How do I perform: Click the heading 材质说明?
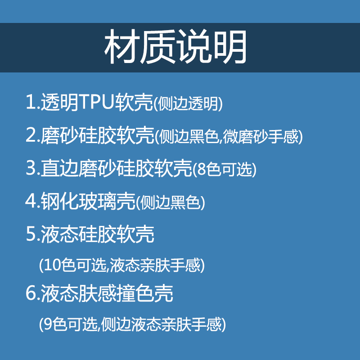click(x=176, y=48)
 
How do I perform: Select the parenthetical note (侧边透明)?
click(x=188, y=104)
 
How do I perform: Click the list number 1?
click(x=31, y=103)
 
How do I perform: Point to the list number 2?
click(x=31, y=135)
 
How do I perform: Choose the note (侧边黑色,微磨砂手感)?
click(x=229, y=137)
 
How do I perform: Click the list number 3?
click(x=31, y=168)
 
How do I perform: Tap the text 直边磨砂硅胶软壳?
click(x=117, y=168)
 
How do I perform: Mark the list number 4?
click(x=31, y=201)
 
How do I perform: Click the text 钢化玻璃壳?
click(x=88, y=201)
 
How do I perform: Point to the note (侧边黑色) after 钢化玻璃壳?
click(x=171, y=202)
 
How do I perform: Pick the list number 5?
click(x=31, y=234)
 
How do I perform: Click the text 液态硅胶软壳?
click(x=98, y=234)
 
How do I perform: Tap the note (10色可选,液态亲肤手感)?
click(x=122, y=265)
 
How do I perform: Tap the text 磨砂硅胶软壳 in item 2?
click(x=98, y=135)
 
